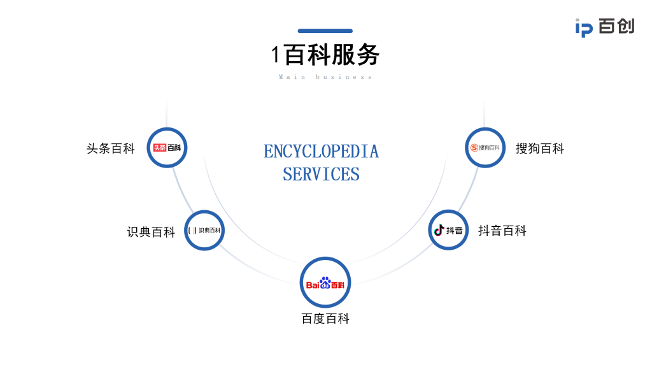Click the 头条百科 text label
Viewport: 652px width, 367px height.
(x=111, y=148)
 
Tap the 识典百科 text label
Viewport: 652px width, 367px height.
(x=151, y=232)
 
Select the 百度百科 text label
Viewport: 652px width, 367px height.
(x=325, y=319)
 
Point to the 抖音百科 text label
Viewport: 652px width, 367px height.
(x=502, y=231)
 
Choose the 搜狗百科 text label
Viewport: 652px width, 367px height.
(x=540, y=148)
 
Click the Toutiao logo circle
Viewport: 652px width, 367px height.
(x=167, y=148)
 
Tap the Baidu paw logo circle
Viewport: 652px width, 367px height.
(x=325, y=282)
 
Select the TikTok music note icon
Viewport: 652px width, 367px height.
(x=439, y=230)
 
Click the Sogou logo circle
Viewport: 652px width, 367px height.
(x=485, y=148)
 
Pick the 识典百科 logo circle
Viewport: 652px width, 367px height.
(x=204, y=230)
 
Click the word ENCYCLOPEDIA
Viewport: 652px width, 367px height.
(x=321, y=152)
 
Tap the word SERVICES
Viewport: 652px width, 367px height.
(x=321, y=174)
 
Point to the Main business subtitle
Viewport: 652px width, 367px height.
(x=325, y=77)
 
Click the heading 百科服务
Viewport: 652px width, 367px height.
(x=332, y=55)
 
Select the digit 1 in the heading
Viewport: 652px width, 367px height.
(x=276, y=55)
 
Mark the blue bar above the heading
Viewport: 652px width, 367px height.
(x=325, y=31)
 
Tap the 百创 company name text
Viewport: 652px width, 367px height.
(x=616, y=27)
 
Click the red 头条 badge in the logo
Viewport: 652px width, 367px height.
(x=159, y=148)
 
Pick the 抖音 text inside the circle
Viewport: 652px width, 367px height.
(x=455, y=230)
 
